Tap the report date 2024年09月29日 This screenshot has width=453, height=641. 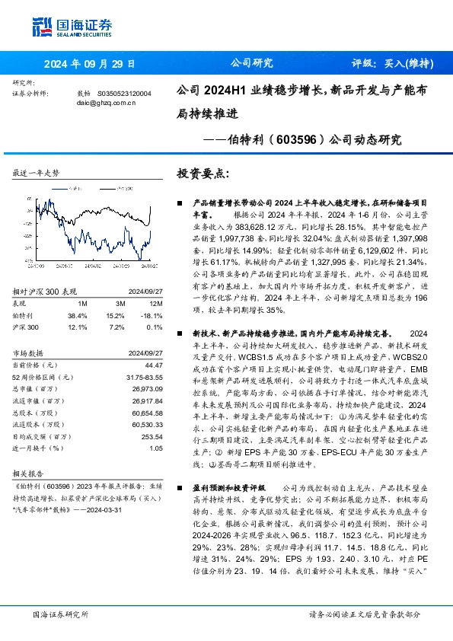(89, 64)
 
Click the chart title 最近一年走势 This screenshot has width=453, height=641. (36, 174)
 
